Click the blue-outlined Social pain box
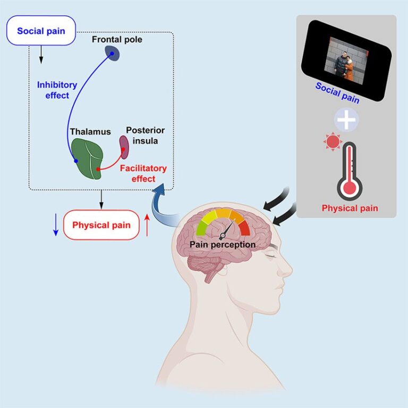41,31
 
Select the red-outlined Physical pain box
101,225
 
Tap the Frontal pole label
117,40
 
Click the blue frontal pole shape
112,52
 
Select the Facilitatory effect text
143,173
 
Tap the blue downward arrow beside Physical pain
56,225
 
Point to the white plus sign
347,120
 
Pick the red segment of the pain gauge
244,227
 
